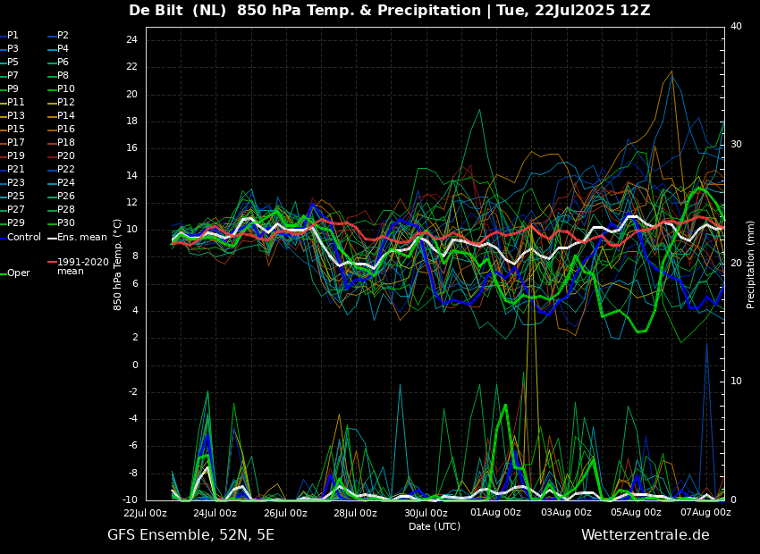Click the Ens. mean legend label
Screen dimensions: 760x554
(x=82, y=238)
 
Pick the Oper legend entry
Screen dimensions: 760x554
(x=20, y=273)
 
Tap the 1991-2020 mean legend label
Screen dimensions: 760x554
(x=83, y=266)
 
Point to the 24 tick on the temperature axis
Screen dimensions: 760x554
(x=131, y=39)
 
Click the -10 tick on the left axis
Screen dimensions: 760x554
(x=130, y=499)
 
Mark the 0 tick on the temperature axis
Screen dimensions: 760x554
(x=135, y=365)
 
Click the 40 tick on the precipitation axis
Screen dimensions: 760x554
(x=736, y=26)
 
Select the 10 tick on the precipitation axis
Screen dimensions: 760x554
(x=736, y=382)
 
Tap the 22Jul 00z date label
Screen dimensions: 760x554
(x=145, y=512)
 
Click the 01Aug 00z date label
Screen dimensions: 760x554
(x=495, y=512)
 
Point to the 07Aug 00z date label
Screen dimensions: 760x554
(x=705, y=512)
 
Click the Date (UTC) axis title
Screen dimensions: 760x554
(x=435, y=526)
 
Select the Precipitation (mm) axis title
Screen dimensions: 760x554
(x=751, y=264)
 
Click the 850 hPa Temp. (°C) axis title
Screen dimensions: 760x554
(x=117, y=264)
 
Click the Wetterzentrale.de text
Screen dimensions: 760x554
(x=646, y=535)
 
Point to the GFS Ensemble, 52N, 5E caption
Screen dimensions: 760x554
(x=190, y=535)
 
